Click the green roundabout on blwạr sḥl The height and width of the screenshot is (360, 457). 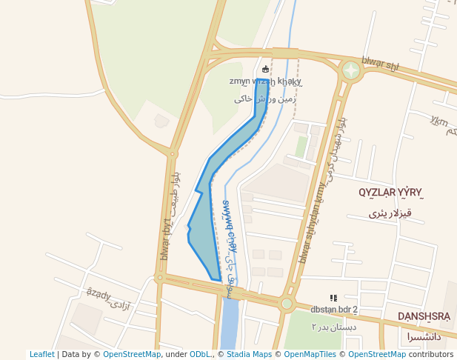coord(351,71)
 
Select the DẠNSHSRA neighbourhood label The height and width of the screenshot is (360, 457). coord(424,316)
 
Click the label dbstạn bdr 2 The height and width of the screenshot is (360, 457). coord(333,310)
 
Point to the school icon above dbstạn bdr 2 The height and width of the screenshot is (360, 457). coord(333,298)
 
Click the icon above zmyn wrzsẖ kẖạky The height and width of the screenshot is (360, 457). coord(266,70)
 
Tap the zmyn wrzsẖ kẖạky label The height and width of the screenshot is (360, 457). coord(265,81)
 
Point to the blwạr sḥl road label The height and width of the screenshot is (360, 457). coord(380,64)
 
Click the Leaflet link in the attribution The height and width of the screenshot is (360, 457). coord(41,354)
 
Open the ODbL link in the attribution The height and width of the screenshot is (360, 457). coord(200,354)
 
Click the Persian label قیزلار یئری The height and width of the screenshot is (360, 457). coord(390,213)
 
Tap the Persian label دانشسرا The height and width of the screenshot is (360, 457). coord(424,336)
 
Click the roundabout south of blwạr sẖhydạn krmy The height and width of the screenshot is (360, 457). coord(287,303)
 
